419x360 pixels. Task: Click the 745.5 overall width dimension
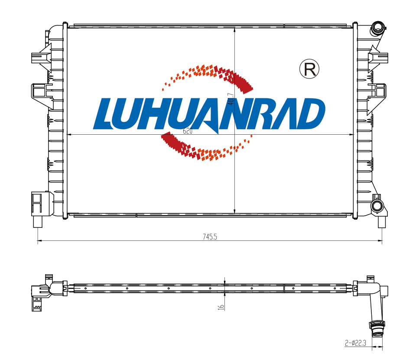pos(210,237)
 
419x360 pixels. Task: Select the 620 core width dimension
pos(188,131)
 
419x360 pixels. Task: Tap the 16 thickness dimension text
pos(221,307)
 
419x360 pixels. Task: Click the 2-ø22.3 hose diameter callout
pos(355,343)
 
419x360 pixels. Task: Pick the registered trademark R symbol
pos(309,69)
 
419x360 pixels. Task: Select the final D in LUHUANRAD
pos(310,114)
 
